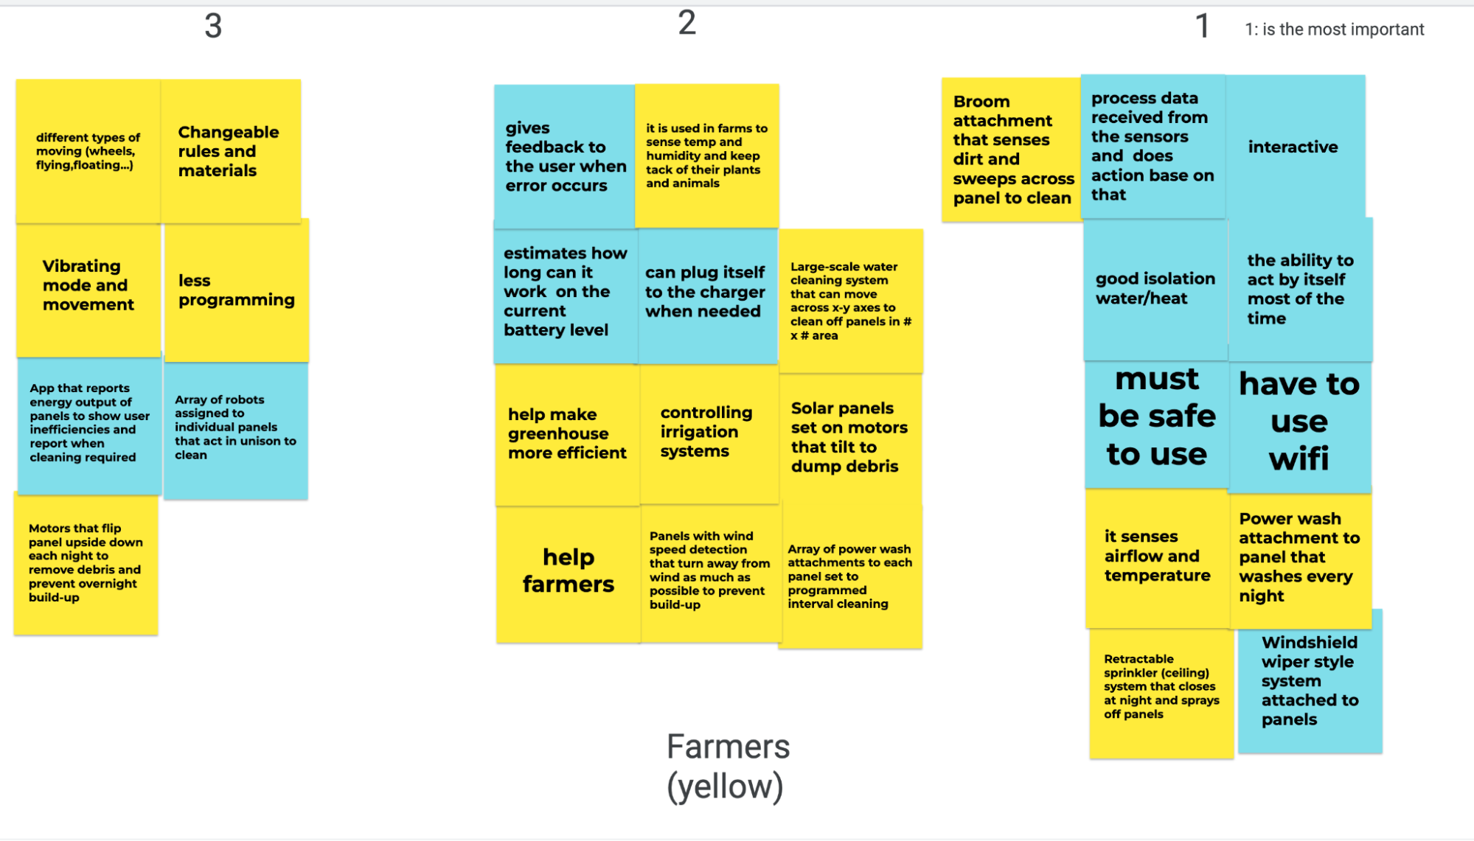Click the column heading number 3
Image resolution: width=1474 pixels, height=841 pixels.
[x=213, y=27]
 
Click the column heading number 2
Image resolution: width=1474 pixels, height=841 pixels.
[x=686, y=23]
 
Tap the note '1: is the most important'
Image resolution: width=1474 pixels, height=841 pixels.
[x=1334, y=29]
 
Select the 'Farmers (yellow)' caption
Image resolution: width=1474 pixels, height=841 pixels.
[x=727, y=767]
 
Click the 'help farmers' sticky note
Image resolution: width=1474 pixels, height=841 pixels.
[x=568, y=570]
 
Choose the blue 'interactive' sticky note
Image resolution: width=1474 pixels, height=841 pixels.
[x=1293, y=147]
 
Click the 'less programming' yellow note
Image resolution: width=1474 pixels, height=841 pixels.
[x=236, y=290]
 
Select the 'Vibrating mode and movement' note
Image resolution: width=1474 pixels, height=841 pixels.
[x=88, y=285]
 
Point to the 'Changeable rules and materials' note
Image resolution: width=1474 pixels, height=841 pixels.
[x=229, y=151]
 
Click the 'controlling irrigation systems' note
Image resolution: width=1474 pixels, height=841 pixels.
[x=707, y=432]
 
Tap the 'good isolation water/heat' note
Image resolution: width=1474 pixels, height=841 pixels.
[x=1155, y=288]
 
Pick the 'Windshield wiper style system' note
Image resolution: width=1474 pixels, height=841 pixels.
[x=1310, y=681]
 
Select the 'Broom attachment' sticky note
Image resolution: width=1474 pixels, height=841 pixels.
[x=1011, y=150]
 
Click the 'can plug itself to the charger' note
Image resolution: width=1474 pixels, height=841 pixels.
[x=706, y=292]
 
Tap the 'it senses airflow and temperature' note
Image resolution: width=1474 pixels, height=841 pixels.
[x=1157, y=556]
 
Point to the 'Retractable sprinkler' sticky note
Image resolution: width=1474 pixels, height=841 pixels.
[x=1161, y=687]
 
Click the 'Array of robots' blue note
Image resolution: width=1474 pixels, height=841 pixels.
[x=235, y=428]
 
